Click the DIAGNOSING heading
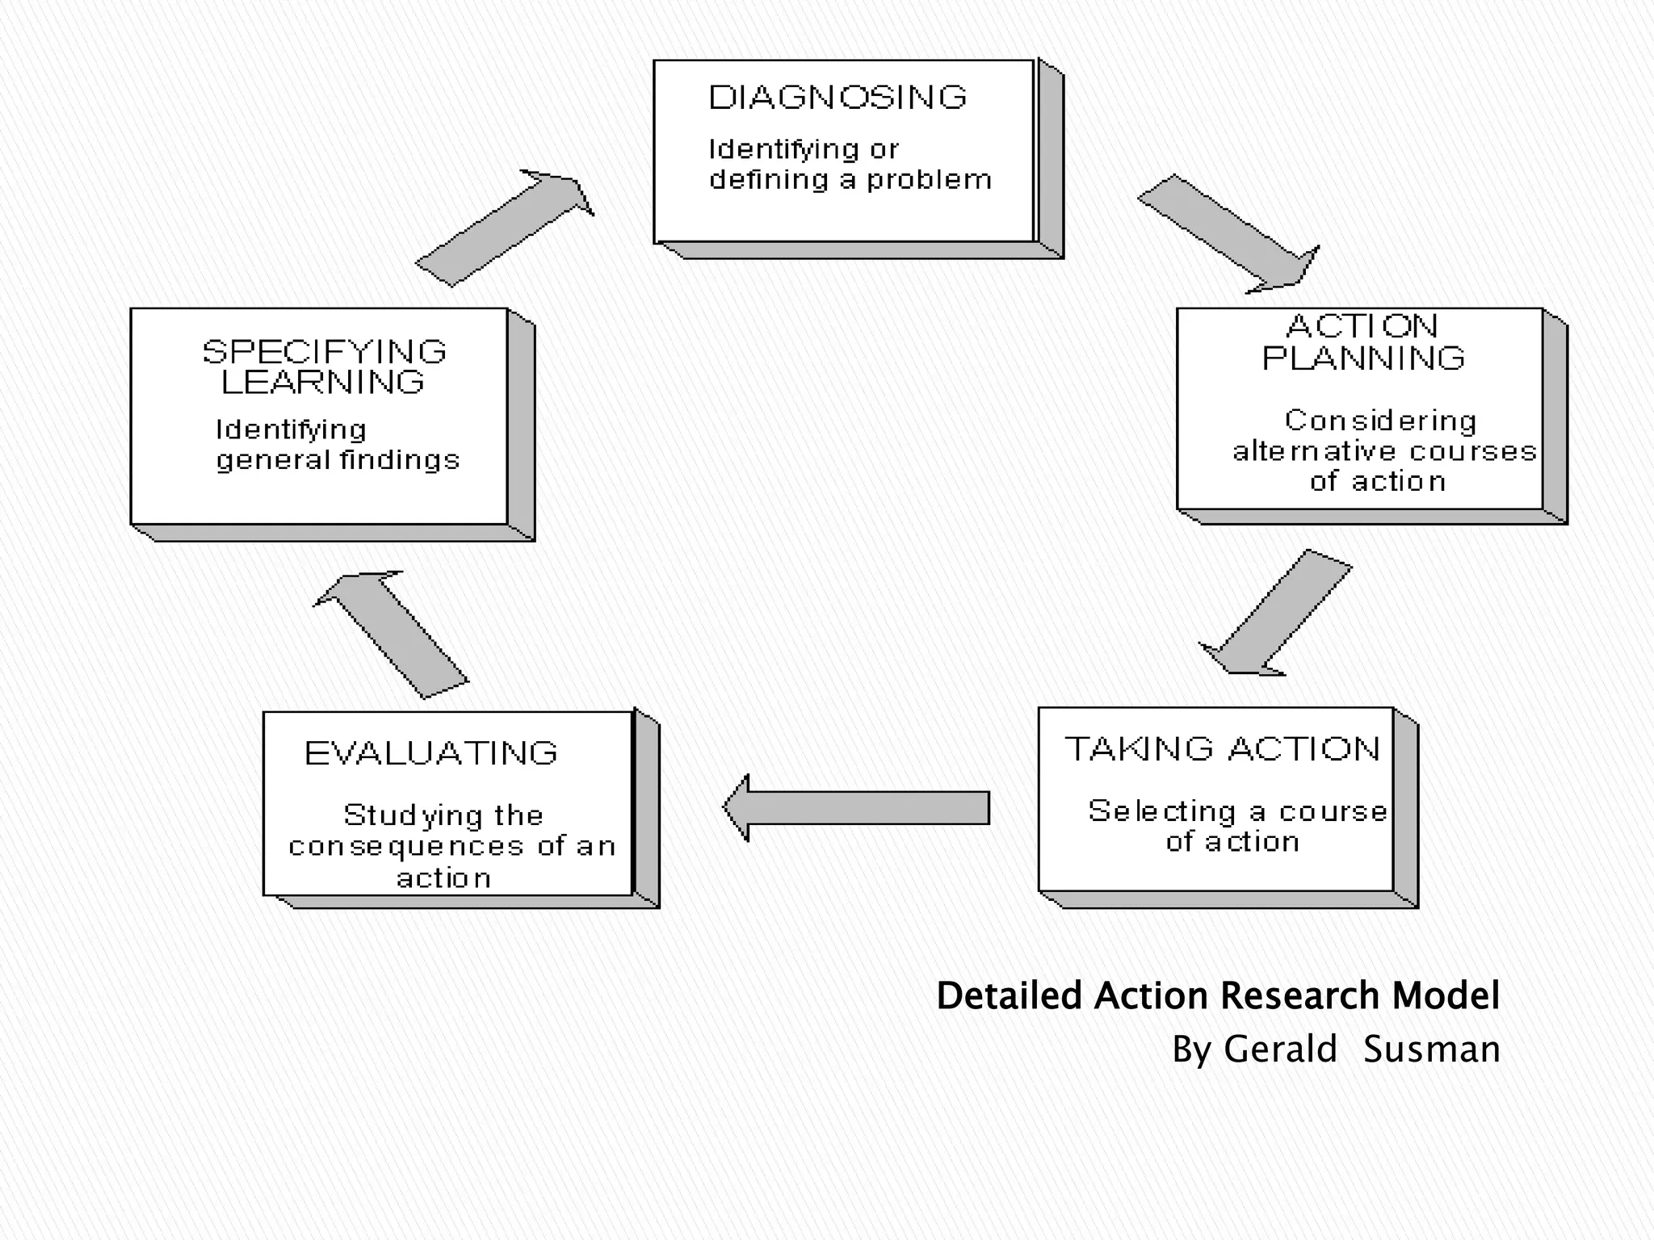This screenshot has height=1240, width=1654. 837,98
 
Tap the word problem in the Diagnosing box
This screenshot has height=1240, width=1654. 929,180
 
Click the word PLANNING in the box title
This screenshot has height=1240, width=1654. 1363,358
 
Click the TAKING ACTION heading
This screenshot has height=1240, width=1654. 1223,749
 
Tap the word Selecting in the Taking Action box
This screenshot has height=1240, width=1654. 1162,811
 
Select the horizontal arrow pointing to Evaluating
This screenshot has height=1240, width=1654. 856,807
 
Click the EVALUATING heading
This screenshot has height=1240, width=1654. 431,753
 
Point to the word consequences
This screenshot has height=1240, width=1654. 406,847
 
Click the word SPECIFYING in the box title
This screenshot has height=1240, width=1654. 324,352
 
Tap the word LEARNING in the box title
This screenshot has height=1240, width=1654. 323,383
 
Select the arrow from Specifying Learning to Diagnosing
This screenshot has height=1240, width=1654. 505,228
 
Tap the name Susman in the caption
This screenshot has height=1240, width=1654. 1431,1049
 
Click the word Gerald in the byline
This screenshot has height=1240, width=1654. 1280,1049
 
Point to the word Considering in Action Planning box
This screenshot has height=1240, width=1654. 1380,421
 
